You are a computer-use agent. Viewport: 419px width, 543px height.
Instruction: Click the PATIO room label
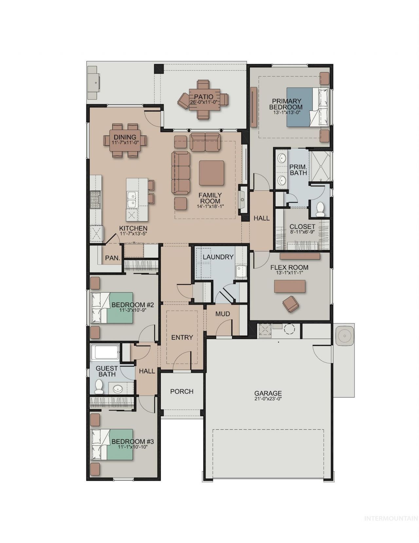pyautogui.click(x=204, y=97)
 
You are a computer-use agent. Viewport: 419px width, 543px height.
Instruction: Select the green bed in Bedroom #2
pyautogui.click(x=112, y=308)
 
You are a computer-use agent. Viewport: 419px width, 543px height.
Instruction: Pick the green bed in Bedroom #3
pyautogui.click(x=112, y=444)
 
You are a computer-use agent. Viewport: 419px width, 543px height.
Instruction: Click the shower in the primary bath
pyautogui.click(x=320, y=166)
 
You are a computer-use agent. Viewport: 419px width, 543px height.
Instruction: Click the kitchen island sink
pyautogui.click(x=132, y=199)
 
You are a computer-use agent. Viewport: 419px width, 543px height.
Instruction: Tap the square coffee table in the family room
pyautogui.click(x=211, y=173)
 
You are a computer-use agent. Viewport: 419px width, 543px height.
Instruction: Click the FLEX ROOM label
pyautogui.click(x=289, y=267)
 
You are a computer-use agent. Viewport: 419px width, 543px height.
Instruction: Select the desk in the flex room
pyautogui.click(x=290, y=286)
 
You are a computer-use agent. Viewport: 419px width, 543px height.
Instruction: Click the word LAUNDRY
pyautogui.click(x=218, y=257)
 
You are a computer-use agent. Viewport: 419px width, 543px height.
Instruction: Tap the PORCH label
pyautogui.click(x=182, y=391)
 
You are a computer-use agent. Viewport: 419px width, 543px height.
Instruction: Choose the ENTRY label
pyautogui.click(x=182, y=337)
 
